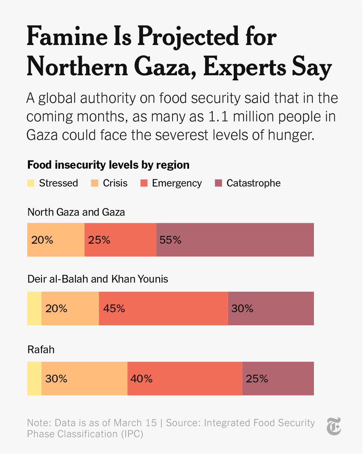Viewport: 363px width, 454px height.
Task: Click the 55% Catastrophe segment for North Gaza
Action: click(x=235, y=240)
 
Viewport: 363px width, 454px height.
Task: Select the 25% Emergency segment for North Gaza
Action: click(x=120, y=240)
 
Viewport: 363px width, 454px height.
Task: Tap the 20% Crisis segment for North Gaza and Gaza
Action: click(x=56, y=240)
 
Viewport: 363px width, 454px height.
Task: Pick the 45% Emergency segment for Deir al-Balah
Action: click(x=163, y=308)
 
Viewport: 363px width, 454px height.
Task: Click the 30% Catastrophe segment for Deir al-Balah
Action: click(x=271, y=308)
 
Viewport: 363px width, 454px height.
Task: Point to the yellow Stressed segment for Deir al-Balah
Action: click(x=34, y=308)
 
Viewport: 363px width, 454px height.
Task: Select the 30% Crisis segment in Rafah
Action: click(x=84, y=378)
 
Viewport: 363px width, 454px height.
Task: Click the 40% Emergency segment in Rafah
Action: click(x=185, y=378)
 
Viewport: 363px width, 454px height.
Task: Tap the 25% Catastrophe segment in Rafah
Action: click(x=278, y=378)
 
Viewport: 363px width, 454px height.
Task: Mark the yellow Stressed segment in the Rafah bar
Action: click(x=34, y=378)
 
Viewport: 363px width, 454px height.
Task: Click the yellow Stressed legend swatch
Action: click(x=31, y=183)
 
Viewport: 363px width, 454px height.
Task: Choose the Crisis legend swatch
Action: click(x=95, y=183)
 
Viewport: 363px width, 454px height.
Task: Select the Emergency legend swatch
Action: click(x=144, y=183)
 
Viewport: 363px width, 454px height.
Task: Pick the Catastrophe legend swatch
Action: click(x=219, y=183)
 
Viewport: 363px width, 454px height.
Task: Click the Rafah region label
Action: click(x=41, y=349)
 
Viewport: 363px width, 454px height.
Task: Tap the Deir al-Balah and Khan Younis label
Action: click(x=98, y=279)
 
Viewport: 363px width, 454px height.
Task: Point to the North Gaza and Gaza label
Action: click(x=76, y=212)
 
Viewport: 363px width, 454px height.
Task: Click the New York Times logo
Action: click(x=334, y=426)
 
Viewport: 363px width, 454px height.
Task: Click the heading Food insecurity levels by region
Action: click(x=108, y=165)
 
